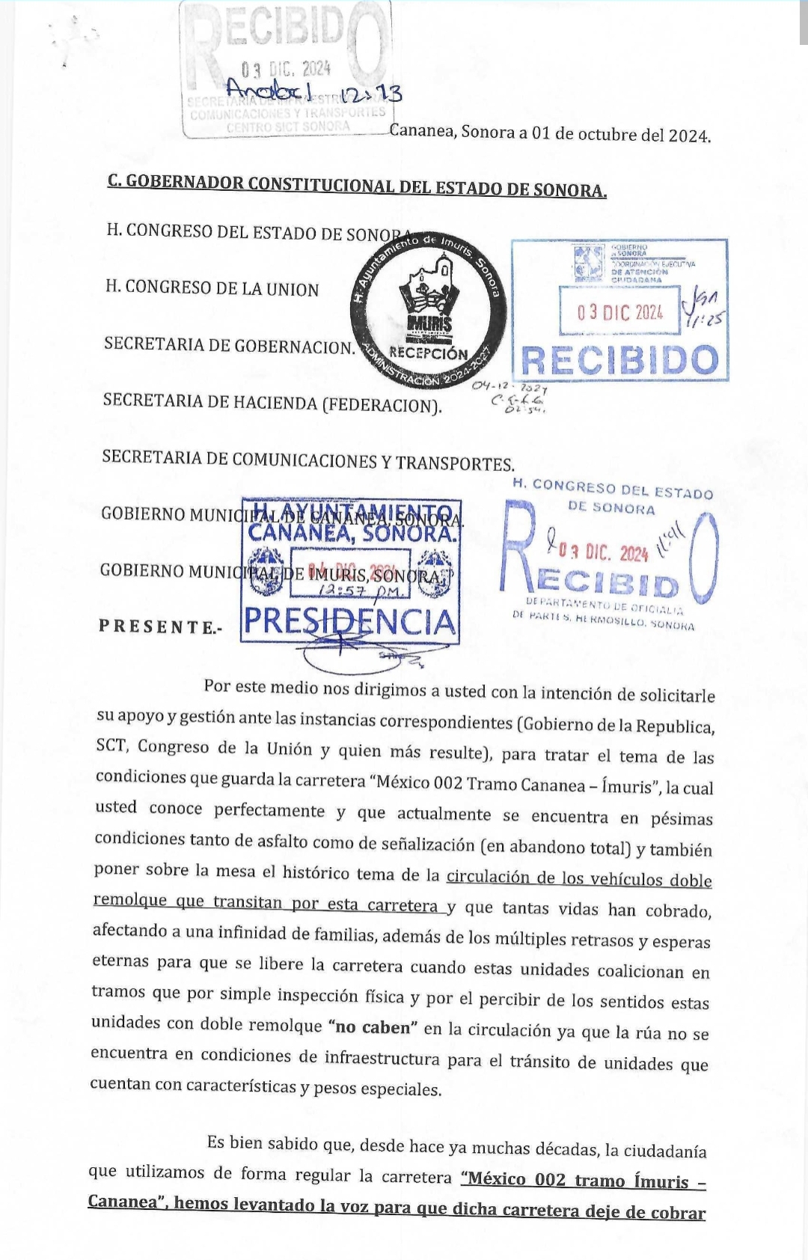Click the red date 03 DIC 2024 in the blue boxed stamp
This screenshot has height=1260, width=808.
click(619, 311)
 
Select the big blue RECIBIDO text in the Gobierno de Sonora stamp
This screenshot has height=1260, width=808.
click(619, 360)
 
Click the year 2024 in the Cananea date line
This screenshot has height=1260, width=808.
click(688, 136)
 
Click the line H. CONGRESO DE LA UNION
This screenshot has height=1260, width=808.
click(212, 288)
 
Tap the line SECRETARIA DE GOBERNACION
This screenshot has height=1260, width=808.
click(229, 345)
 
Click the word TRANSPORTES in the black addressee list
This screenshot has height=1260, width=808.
click(455, 463)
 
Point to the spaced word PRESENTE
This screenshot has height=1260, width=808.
click(159, 627)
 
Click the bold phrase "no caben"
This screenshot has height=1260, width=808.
click(373, 1027)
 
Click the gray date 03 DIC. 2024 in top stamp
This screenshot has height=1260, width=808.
click(286, 69)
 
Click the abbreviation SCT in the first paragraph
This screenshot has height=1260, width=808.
click(111, 746)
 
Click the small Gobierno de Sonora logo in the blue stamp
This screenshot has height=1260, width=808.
click(589, 263)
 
